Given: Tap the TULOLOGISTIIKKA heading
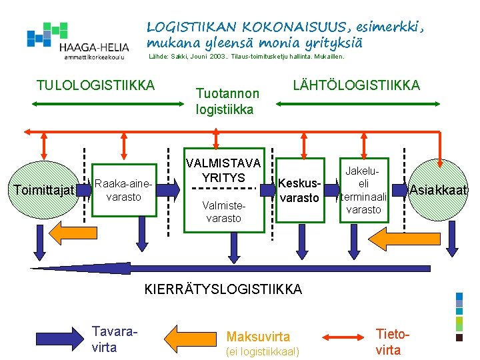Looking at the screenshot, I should (x=96, y=85).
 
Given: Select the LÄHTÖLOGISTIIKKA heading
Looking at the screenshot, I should (x=357, y=85).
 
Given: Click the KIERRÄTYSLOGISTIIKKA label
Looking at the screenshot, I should (x=223, y=289).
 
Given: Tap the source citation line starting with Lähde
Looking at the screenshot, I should (x=246, y=57).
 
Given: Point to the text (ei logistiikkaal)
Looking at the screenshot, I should (x=263, y=351).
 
